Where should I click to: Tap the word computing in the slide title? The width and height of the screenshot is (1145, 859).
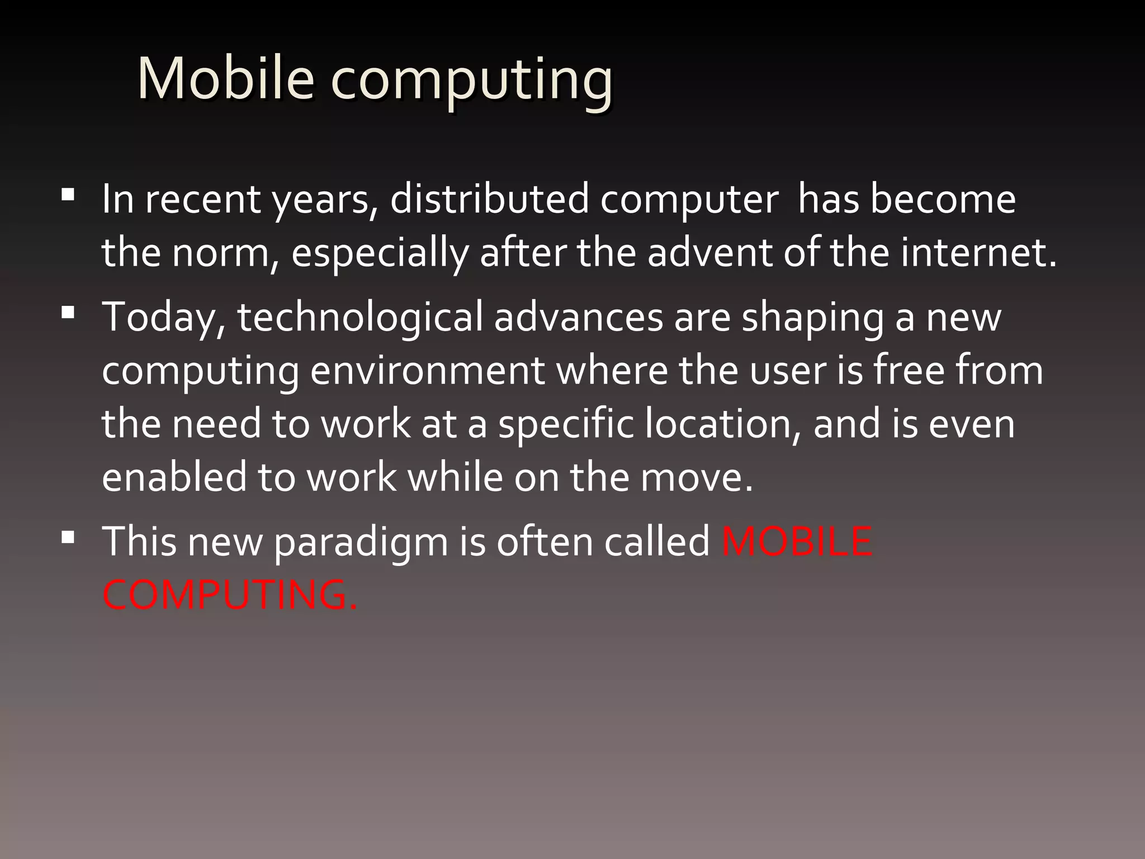tap(472, 81)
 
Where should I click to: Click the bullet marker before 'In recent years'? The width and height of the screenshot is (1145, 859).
tap(68, 195)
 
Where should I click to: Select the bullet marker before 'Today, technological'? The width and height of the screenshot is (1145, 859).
tap(68, 312)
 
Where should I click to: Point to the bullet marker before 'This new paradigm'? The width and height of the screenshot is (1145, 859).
tap(68, 537)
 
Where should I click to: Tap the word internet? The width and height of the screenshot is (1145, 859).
tap(978, 253)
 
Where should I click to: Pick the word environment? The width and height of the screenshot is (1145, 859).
tap(427, 371)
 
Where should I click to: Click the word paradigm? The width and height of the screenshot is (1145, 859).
tap(361, 542)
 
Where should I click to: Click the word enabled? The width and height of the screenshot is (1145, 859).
tap(174, 477)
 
